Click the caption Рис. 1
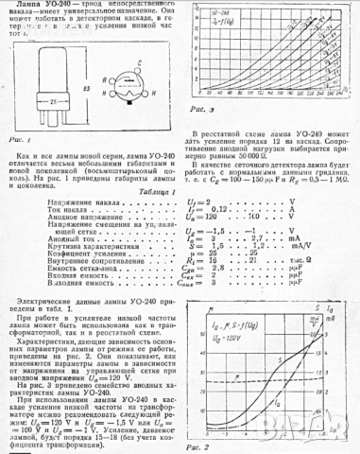click(20, 139)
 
